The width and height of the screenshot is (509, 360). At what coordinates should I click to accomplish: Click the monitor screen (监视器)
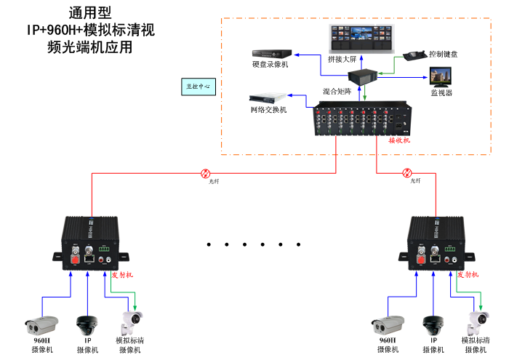point(441,77)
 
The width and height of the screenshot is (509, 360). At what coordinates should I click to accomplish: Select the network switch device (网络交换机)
point(267,97)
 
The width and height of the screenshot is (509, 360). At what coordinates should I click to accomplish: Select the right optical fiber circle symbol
point(407,173)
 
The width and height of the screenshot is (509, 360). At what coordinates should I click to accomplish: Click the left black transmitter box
point(89,239)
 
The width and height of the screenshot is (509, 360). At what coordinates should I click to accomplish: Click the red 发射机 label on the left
point(121,275)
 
